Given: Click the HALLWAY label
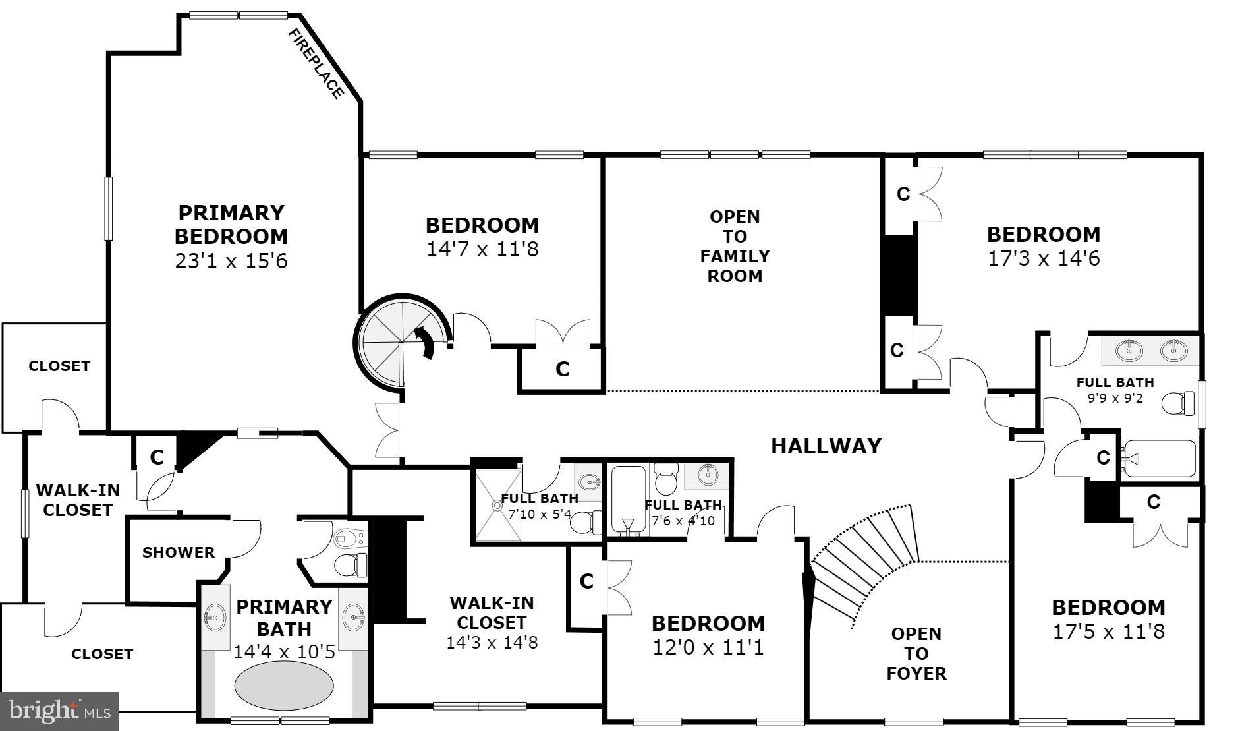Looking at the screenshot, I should (x=826, y=446).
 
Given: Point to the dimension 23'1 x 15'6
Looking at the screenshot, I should (x=231, y=261).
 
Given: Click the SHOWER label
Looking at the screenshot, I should (x=179, y=552).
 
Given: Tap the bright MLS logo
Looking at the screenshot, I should (x=59, y=711).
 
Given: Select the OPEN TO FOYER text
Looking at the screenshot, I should (x=916, y=653).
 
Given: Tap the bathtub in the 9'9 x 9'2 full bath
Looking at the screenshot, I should (x=1160, y=459).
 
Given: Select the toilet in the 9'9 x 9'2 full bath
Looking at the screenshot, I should (x=1177, y=403).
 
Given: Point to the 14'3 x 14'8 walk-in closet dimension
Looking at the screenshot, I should (x=492, y=642).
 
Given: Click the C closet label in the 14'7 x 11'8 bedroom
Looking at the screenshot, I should (x=562, y=369).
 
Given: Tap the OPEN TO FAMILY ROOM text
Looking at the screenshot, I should (x=735, y=246).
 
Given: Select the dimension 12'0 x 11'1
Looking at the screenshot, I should (x=708, y=647).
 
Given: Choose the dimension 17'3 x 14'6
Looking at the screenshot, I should (x=1044, y=258).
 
